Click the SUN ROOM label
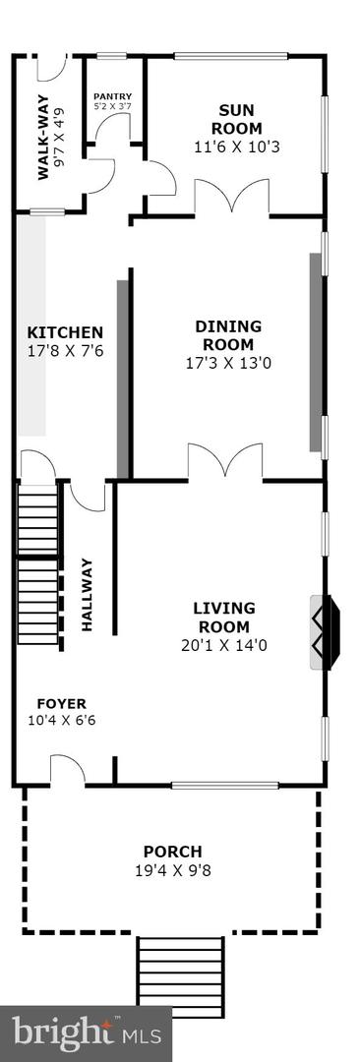(240, 119)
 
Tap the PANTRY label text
(111, 97)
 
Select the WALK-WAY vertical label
(44, 143)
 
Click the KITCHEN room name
(65, 332)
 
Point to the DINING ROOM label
(228, 335)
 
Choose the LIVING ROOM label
(223, 618)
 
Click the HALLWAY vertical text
(87, 594)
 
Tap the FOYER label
(61, 704)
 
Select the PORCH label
(172, 852)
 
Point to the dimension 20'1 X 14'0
(223, 646)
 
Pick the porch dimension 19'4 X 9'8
(172, 869)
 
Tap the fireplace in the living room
(325, 631)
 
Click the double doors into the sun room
(231, 196)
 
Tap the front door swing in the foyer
(67, 770)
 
